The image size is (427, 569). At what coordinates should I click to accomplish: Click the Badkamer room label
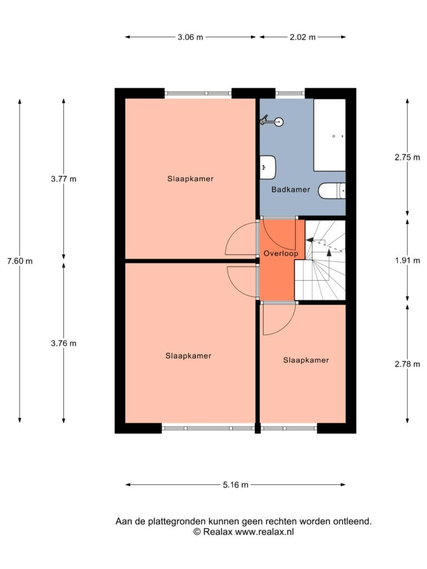tap(290, 189)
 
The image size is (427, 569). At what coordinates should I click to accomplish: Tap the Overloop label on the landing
tap(281, 253)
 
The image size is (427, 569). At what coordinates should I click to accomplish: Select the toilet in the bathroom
tap(332, 191)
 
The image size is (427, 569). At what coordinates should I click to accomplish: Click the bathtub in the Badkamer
tap(330, 135)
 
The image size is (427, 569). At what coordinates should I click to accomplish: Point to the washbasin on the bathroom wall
tap(268, 167)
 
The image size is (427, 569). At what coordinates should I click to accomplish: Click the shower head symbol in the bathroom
tap(271, 121)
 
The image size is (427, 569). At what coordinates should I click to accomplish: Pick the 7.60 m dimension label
tap(20, 261)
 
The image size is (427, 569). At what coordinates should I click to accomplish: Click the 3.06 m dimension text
tap(190, 37)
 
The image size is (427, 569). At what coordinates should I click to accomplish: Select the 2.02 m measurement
tap(302, 37)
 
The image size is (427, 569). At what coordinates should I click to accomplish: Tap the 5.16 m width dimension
tap(236, 485)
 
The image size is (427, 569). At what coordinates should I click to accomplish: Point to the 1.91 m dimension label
tap(408, 261)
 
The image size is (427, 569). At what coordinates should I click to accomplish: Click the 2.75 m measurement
tap(408, 157)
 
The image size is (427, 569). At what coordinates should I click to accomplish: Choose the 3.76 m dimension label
tap(63, 343)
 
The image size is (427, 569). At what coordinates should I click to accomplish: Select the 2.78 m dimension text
tap(408, 364)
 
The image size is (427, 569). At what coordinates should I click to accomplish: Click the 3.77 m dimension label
tap(63, 179)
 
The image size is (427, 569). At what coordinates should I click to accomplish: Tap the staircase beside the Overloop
tap(320, 260)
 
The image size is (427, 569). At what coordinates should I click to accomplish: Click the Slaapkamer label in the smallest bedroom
tap(306, 360)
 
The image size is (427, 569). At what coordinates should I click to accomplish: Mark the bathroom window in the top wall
tap(290, 93)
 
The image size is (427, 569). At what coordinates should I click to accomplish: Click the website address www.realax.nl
tap(264, 532)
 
